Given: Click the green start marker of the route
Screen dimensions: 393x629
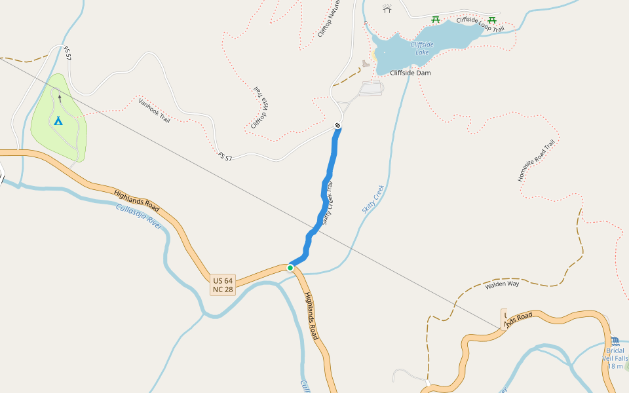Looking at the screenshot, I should pyautogui.click(x=290, y=267).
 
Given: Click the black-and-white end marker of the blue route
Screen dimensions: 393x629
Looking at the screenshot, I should pyautogui.click(x=337, y=125).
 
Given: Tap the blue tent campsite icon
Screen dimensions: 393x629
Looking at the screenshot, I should pyautogui.click(x=58, y=121).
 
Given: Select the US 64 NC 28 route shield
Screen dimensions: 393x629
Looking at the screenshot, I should pyautogui.click(x=223, y=285).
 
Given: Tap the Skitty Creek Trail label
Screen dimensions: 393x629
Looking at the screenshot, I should pyautogui.click(x=328, y=204).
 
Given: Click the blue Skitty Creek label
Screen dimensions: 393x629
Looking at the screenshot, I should pyautogui.click(x=372, y=198).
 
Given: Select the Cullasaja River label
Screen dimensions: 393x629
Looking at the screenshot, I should pyautogui.click(x=138, y=215).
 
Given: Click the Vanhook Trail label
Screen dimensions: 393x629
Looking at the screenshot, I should pyautogui.click(x=155, y=110).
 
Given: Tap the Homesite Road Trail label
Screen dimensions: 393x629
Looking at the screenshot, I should pyautogui.click(x=536, y=160).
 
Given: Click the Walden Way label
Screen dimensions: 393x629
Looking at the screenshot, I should pyautogui.click(x=502, y=285).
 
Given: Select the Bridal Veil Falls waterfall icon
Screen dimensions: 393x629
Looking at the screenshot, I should pyautogui.click(x=615, y=341).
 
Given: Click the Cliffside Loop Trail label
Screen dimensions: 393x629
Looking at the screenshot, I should pyautogui.click(x=480, y=25).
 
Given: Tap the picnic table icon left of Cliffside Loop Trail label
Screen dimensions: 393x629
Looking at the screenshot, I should pyautogui.click(x=436, y=20).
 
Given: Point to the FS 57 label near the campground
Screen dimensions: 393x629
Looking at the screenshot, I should pyautogui.click(x=67, y=54).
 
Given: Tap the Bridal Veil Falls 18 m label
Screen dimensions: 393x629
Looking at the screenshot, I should pyautogui.click(x=615, y=358).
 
